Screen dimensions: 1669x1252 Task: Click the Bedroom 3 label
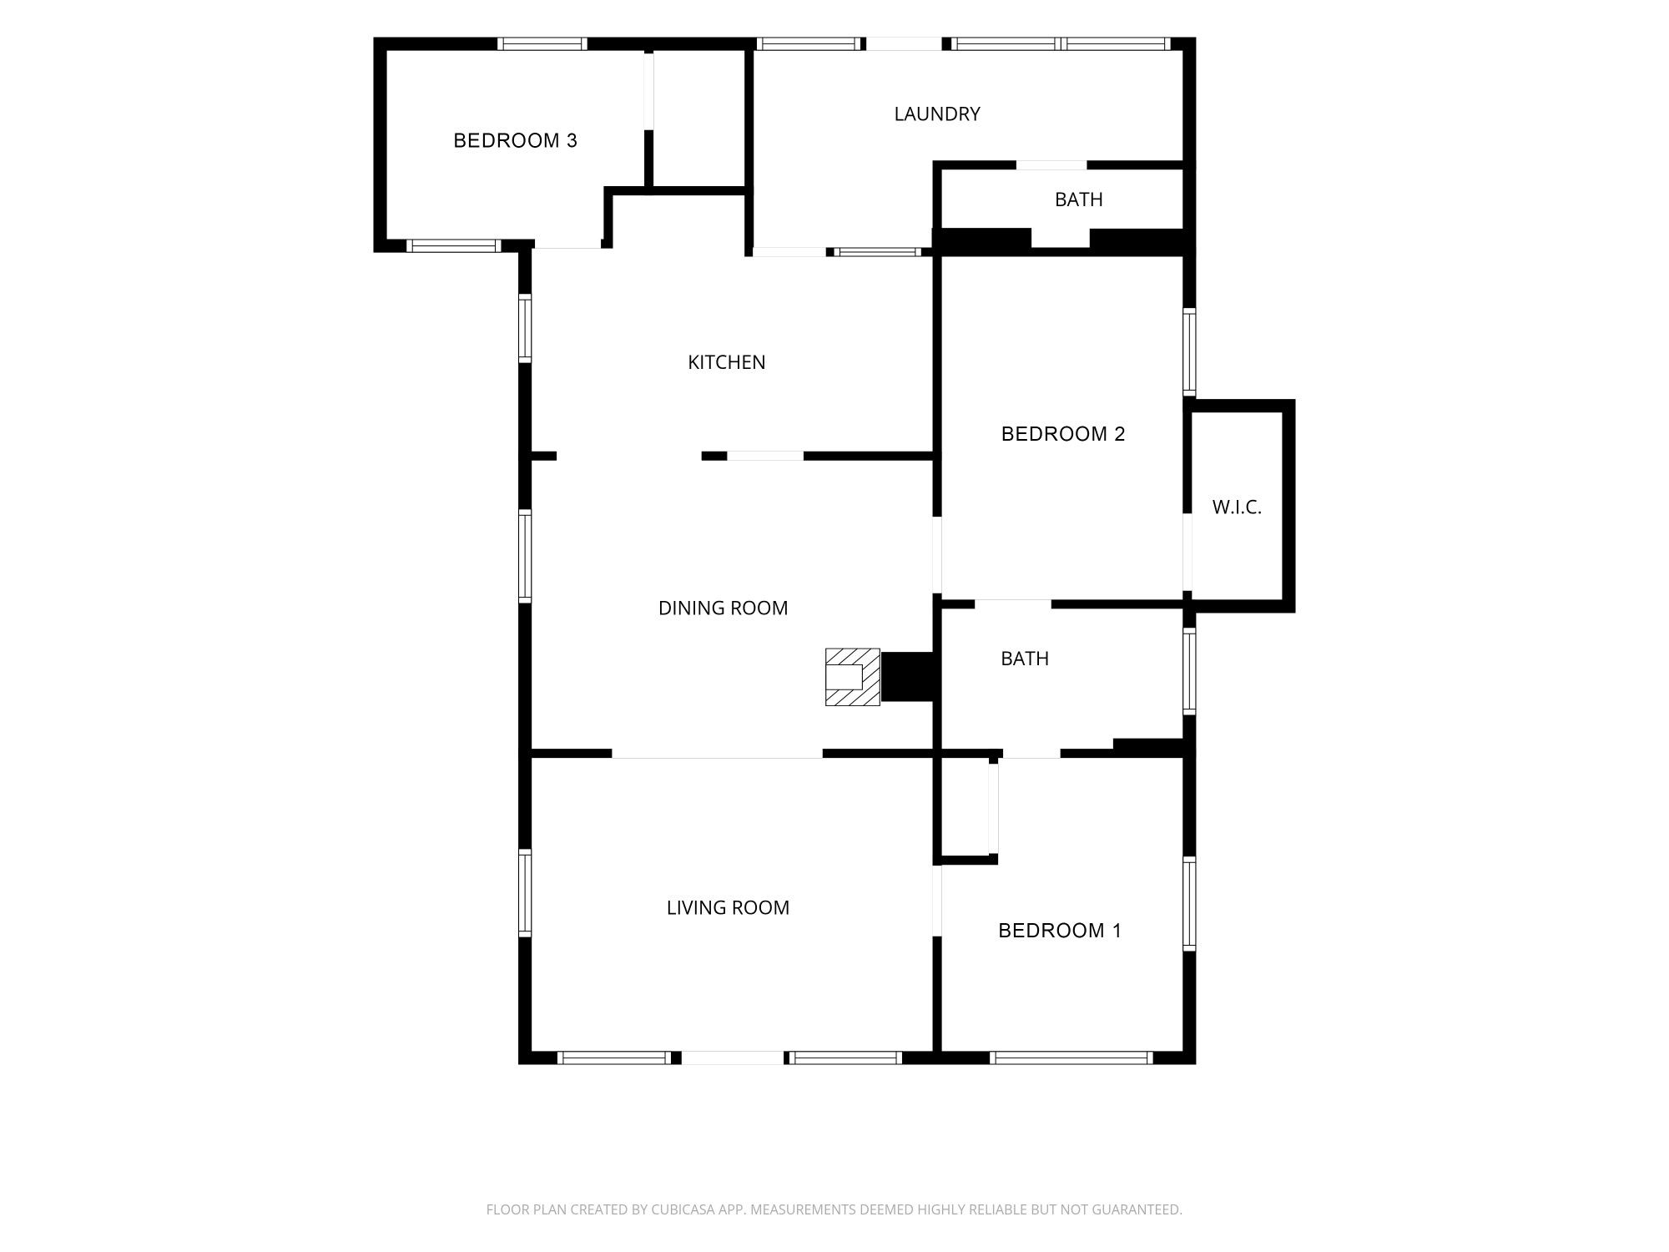tap(515, 140)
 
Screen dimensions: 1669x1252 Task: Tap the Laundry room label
tap(937, 114)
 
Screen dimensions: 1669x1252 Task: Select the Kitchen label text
tap(726, 362)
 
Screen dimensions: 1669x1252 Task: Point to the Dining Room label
tap(723, 608)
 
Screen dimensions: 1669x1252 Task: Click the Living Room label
tap(728, 908)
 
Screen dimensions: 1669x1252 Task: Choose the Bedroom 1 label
tap(1060, 931)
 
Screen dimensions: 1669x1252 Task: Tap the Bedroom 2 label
tap(1063, 434)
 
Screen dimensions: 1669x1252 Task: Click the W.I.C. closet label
tap(1237, 507)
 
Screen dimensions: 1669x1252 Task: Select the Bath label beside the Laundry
tap(1079, 199)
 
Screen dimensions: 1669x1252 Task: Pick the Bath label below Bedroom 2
tap(1025, 659)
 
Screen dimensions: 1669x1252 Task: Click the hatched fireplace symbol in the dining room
tap(853, 677)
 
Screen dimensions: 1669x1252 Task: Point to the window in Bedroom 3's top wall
tap(542, 44)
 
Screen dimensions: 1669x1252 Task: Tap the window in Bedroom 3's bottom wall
tap(453, 245)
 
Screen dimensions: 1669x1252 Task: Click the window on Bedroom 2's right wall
tap(1190, 351)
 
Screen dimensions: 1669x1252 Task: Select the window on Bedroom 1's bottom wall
tap(1071, 1058)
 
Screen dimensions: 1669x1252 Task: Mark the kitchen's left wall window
tap(525, 327)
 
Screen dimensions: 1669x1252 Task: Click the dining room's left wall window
tap(525, 556)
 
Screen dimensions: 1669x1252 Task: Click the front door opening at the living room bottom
tap(733, 1058)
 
